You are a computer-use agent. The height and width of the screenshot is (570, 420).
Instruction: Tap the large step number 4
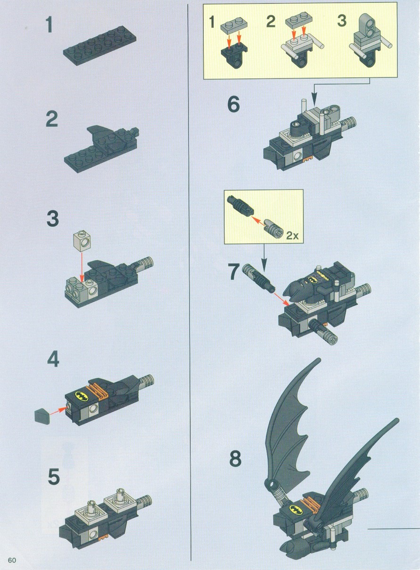tap(53, 359)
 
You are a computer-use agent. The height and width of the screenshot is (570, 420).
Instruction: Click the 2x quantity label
tap(292, 236)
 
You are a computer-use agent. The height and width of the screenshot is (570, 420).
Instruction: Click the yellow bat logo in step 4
tap(82, 396)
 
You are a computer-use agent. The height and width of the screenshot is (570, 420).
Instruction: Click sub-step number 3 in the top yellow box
tap(342, 21)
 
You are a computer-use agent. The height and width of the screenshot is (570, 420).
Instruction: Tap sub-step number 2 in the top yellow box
tap(271, 21)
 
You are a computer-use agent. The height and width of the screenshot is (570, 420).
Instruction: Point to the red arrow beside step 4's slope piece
tap(58, 411)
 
